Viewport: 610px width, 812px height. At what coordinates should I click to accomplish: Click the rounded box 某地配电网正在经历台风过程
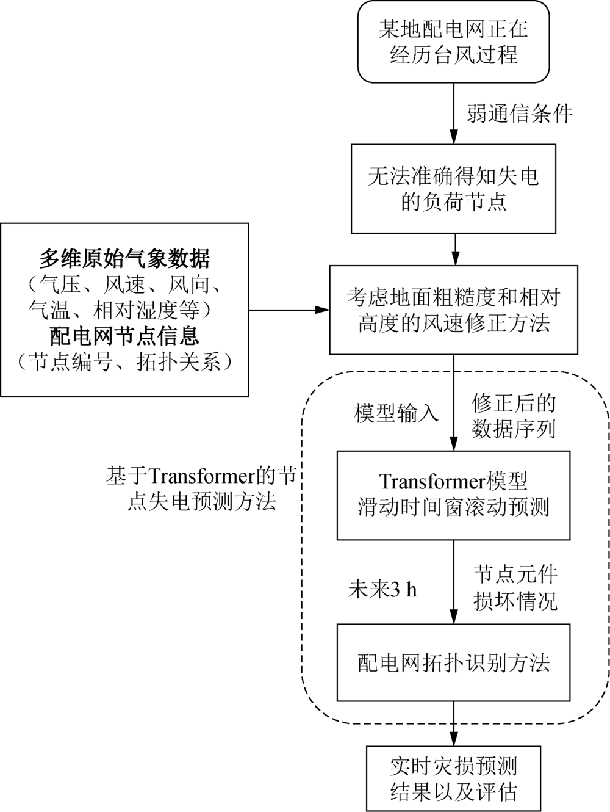[x=453, y=42]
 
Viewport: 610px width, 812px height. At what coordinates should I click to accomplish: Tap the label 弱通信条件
[x=520, y=114]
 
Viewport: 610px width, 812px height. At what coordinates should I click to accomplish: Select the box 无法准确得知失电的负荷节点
[x=453, y=189]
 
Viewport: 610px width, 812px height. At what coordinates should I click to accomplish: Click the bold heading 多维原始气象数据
[x=125, y=258]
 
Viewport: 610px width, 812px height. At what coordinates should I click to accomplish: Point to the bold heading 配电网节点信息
[x=125, y=336]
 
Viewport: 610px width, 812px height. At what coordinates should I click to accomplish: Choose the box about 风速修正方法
[x=454, y=310]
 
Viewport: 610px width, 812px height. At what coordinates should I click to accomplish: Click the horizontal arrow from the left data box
[x=289, y=310]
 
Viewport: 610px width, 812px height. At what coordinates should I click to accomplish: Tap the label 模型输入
[x=396, y=413]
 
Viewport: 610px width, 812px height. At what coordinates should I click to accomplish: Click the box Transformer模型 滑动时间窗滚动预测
[x=453, y=495]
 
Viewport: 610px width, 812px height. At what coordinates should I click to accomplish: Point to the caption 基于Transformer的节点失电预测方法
[x=202, y=488]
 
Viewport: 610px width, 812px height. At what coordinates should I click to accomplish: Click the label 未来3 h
[x=382, y=590]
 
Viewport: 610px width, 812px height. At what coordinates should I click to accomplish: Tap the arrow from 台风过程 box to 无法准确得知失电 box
[x=454, y=113]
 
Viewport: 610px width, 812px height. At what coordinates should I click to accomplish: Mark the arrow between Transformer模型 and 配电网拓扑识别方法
[x=454, y=582]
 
